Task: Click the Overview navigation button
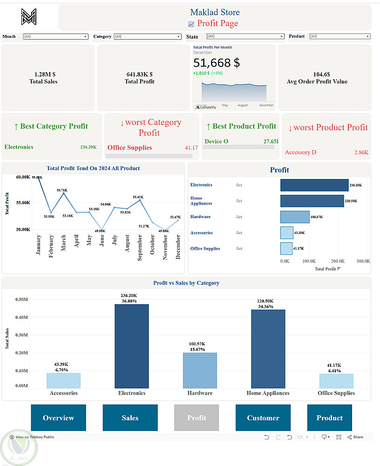[x=59, y=418]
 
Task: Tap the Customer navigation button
[x=263, y=418]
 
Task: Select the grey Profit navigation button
[x=197, y=418]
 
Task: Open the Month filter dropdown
[x=55, y=36]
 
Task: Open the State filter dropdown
[x=245, y=36]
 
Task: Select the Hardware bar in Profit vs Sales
[x=200, y=370]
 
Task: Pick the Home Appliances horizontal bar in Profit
[x=312, y=201]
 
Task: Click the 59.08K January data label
[x=37, y=178]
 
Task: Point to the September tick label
[x=139, y=247]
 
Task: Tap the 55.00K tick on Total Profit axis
[x=23, y=203]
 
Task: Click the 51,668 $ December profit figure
[x=217, y=63]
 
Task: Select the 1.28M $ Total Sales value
[x=45, y=74]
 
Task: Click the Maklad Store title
[x=215, y=12]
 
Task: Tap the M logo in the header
[x=28, y=17]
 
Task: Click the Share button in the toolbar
[x=355, y=437]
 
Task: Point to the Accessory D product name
[x=300, y=152]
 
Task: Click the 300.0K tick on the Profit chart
[x=363, y=261]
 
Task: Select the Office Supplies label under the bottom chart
[x=336, y=393]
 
